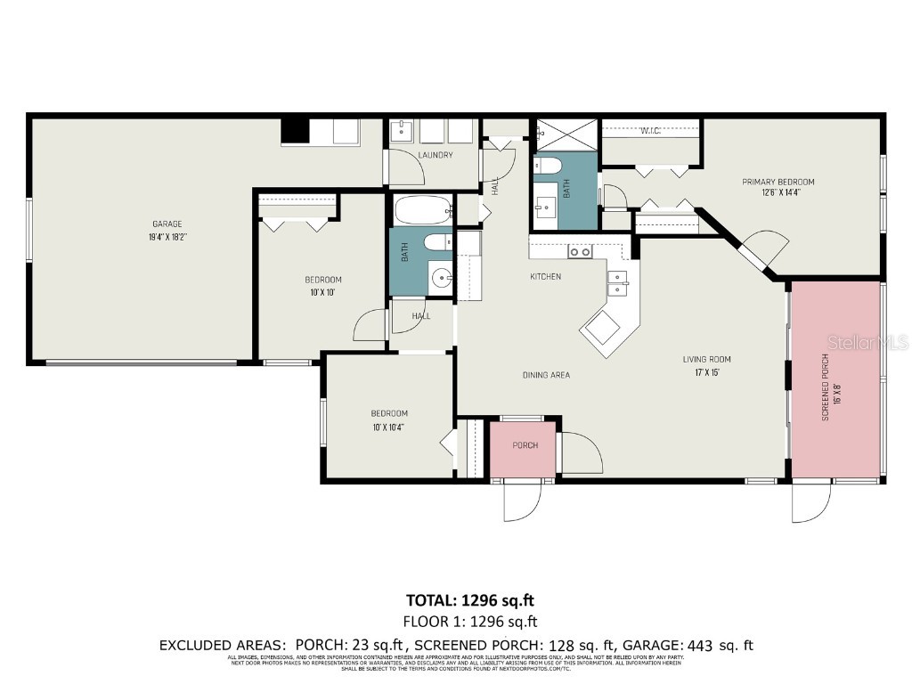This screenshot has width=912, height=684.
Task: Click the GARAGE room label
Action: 167,224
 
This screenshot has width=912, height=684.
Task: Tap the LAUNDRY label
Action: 436,155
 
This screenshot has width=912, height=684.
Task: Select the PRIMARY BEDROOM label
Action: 778,182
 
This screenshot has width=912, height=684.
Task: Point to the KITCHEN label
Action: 545,277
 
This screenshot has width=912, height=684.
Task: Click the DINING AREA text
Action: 546,375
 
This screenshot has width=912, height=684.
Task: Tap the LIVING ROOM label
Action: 706,360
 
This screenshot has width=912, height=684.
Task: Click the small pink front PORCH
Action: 525,445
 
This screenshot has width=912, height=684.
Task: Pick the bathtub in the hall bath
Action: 423,210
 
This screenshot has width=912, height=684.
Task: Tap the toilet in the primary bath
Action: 547,166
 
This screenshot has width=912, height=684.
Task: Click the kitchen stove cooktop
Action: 581,252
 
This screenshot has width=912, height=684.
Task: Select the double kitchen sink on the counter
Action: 617,282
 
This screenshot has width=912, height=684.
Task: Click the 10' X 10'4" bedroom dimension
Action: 388,427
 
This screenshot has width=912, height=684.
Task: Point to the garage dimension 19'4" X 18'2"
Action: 167,237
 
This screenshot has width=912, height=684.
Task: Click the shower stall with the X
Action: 565,134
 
